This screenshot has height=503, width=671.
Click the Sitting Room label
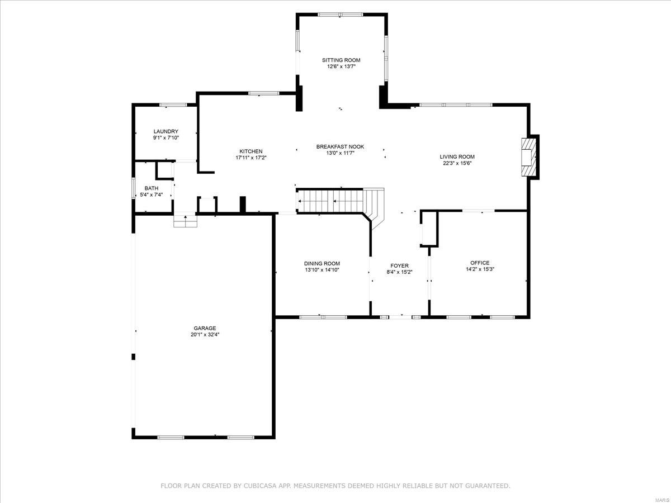click(x=341, y=60)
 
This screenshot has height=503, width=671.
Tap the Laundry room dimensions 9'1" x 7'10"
click(x=166, y=137)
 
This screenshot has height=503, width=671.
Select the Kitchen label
click(x=251, y=151)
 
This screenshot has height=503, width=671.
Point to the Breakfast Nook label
click(x=340, y=146)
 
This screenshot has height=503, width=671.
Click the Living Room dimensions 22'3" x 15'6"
click(x=457, y=163)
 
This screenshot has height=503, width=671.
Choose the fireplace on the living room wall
click(x=527, y=157)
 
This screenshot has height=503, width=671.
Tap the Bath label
click(x=151, y=188)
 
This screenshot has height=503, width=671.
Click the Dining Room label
click(x=322, y=263)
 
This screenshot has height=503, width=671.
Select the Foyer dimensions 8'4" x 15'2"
click(x=399, y=272)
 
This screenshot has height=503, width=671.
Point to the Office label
click(x=479, y=263)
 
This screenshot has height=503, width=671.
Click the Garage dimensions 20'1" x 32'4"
click(x=205, y=335)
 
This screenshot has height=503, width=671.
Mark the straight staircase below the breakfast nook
click(x=330, y=201)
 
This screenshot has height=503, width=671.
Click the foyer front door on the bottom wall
click(x=400, y=317)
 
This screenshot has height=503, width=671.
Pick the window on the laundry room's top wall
click(x=173, y=105)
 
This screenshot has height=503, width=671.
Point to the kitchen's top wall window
click(x=264, y=93)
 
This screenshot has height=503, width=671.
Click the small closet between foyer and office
click(x=429, y=229)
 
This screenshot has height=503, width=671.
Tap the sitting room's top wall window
click(x=341, y=15)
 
